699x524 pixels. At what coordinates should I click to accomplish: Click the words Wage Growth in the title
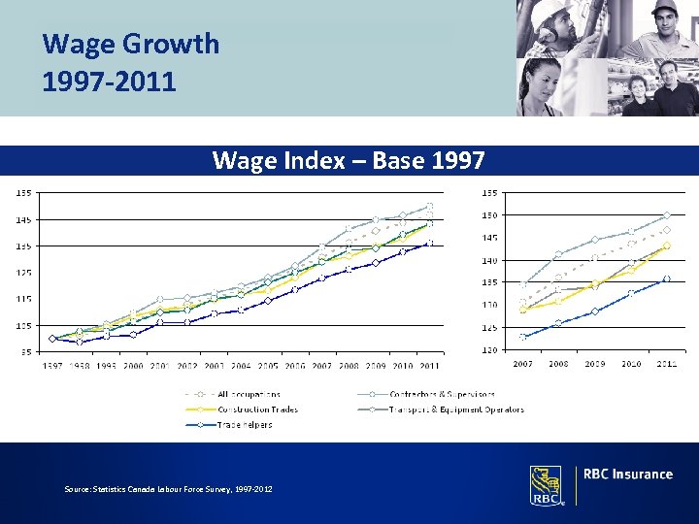point(131,44)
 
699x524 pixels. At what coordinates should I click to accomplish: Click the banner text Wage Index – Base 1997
point(349,160)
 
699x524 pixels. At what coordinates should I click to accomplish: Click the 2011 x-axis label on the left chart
point(429,366)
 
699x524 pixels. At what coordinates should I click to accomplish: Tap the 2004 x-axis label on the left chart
point(241,366)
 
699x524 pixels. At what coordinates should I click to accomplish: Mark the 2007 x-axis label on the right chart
point(522,364)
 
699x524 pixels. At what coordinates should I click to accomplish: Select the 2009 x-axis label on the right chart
point(594,364)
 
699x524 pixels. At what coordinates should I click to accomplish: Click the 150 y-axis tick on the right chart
point(493,214)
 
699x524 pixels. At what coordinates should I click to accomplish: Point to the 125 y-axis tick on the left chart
point(20,272)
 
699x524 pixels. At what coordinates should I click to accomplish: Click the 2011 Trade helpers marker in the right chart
point(666,278)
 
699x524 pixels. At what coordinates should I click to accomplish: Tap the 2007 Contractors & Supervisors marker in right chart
point(523,284)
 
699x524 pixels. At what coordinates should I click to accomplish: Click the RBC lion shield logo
point(546,484)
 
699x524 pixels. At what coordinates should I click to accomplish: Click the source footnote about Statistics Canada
point(168,489)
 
